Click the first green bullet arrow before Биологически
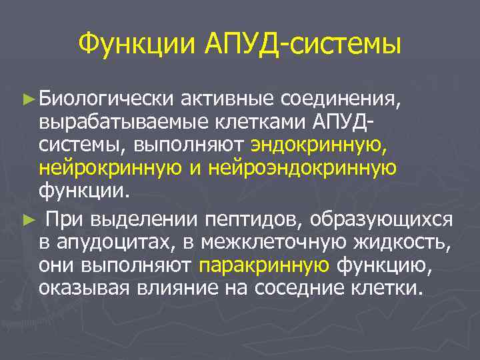[27, 99]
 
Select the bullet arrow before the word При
[27, 219]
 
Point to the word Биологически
[105, 99]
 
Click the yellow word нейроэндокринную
[303, 168]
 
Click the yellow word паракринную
[264, 266]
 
